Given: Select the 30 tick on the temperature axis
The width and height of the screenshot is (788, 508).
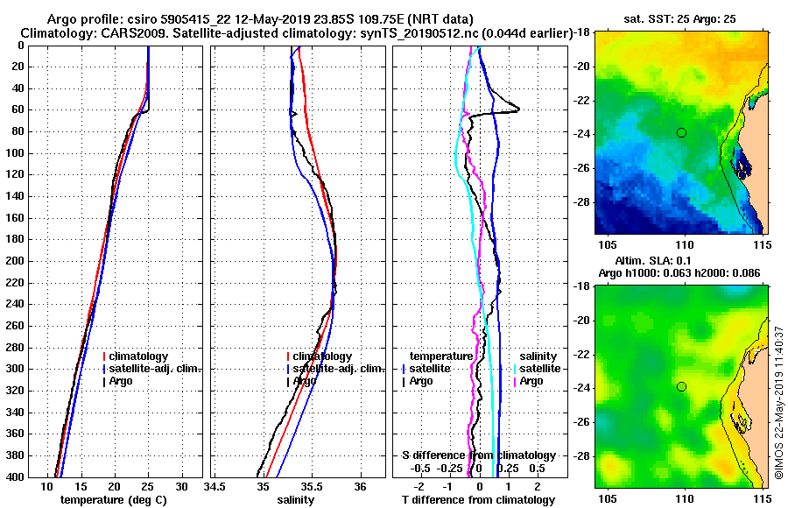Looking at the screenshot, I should pos(181,487).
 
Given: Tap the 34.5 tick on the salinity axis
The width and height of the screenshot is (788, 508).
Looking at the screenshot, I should pos(215,487).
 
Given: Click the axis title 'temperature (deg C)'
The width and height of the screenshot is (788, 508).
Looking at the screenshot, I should pos(113,499).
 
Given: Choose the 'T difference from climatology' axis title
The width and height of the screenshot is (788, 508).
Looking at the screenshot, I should pos(479,499).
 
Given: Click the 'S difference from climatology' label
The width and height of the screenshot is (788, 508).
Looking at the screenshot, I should pos(479,455).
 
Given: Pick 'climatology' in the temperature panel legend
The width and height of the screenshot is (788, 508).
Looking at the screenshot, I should pos(138,356).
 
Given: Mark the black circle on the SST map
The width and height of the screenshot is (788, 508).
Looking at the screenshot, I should pos(681,132).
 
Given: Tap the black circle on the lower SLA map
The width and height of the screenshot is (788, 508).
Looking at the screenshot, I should pos(681,386).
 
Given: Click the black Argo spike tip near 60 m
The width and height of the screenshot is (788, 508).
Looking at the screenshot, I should pos(519,109).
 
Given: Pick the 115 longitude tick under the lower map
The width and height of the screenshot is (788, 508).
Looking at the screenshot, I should pos(762,497).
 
